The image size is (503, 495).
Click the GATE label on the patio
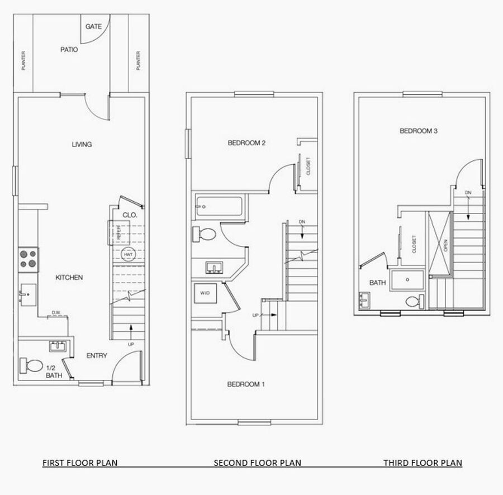(x=93, y=27)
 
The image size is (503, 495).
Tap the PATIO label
(x=69, y=50)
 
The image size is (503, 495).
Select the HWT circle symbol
(x=128, y=255)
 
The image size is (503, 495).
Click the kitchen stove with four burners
(x=29, y=260)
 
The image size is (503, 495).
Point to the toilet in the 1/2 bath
(x=31, y=365)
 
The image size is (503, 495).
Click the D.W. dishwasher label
(x=56, y=312)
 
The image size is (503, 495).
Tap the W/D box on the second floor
(x=205, y=293)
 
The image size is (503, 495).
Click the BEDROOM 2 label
(x=246, y=143)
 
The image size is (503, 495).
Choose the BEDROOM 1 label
(x=246, y=384)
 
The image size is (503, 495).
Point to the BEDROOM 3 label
(x=418, y=131)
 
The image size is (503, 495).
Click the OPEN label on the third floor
(x=445, y=246)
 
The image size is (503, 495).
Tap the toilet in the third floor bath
(x=415, y=302)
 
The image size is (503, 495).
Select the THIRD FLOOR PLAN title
(x=423, y=463)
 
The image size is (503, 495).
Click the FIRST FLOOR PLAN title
(x=80, y=463)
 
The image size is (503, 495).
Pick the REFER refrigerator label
(x=118, y=232)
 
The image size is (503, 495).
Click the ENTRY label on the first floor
(x=97, y=355)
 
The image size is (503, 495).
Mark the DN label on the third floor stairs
(x=468, y=193)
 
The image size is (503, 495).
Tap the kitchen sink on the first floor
(x=29, y=294)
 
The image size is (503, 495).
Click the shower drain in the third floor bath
(x=407, y=279)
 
